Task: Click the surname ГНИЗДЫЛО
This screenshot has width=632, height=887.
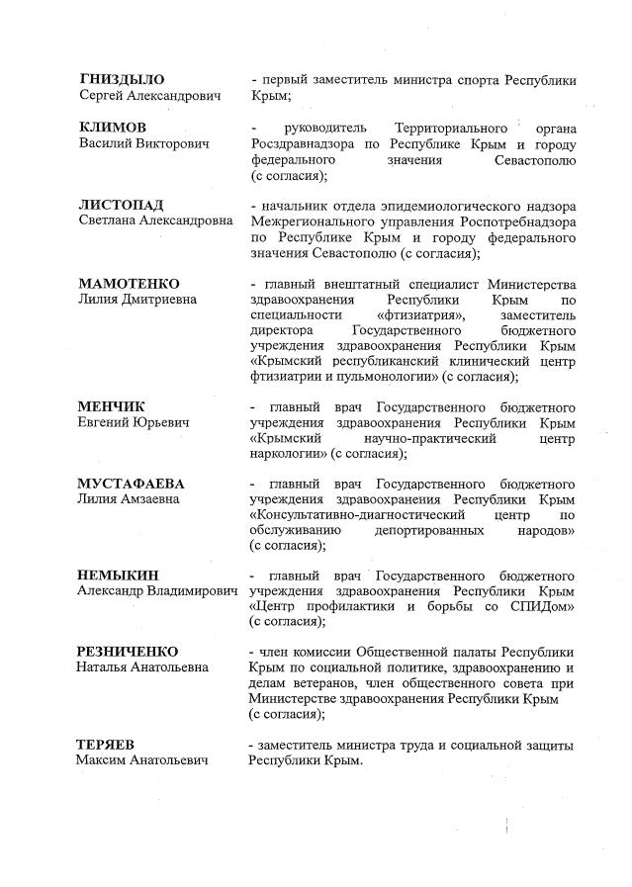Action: pos(121,79)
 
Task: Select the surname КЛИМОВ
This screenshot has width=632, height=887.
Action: pos(113,129)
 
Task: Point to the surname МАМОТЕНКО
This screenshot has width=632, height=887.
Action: pos(129,284)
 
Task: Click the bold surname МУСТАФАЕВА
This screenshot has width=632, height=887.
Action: pos(132,484)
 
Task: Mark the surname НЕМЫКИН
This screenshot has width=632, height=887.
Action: pos(118,576)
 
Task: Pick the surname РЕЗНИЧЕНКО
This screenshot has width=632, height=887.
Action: pos(128,652)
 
